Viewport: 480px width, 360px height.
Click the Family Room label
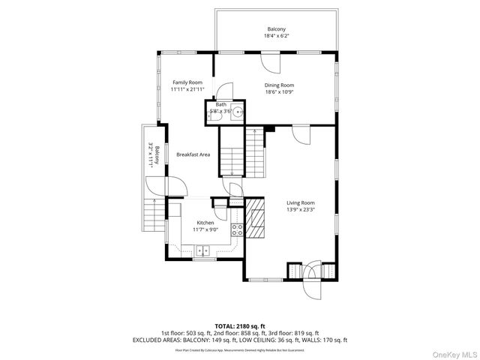pos(187,82)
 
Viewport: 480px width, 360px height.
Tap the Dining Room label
pos(279,85)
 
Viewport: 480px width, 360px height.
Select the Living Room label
pos(300,202)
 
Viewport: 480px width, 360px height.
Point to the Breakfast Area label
pos(193,154)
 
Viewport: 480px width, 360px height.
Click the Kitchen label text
pos(205,223)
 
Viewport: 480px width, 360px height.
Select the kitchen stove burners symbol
pos(237,230)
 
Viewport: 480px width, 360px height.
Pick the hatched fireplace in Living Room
pos(256,218)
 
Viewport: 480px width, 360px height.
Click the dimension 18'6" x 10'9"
pos(279,92)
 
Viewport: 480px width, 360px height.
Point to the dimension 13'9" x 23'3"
pos(300,210)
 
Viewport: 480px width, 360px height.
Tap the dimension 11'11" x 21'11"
pos(188,89)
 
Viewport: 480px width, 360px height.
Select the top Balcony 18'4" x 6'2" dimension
pos(276,36)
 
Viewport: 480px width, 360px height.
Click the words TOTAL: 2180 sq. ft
pos(240,326)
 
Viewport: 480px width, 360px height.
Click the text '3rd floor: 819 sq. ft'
pos(297,333)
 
